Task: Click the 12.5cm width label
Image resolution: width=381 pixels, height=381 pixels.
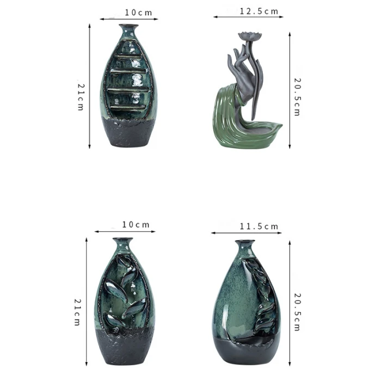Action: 259,11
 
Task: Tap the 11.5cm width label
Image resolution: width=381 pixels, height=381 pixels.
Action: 259,226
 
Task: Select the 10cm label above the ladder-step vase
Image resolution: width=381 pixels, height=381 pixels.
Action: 138,13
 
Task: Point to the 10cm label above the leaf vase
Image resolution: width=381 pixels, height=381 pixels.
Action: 136,225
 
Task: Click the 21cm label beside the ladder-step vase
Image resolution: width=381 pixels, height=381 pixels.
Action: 81,97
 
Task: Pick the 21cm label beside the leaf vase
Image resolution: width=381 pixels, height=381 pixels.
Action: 77,312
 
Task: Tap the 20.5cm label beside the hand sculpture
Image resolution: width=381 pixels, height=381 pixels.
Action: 297,97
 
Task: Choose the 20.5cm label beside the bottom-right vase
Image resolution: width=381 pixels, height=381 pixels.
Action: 297,312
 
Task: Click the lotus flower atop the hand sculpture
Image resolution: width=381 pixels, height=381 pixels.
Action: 250,36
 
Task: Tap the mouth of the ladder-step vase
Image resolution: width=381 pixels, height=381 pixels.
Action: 128,26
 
